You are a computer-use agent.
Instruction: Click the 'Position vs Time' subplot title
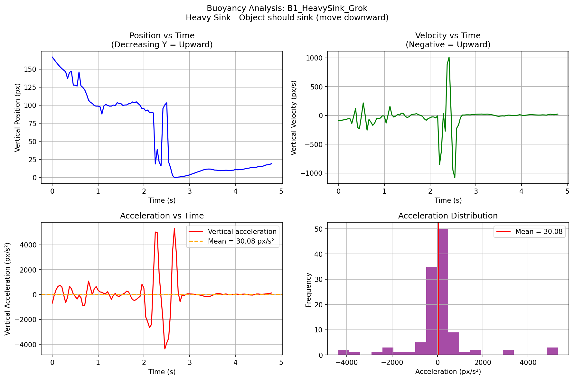[x=162, y=36]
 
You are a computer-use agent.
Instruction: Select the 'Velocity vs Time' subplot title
[x=448, y=36]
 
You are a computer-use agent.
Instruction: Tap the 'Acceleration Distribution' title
[x=448, y=216]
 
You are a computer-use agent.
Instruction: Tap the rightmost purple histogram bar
[x=552, y=351]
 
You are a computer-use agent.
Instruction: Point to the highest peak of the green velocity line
[x=449, y=58]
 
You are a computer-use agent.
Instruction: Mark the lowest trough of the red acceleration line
[x=165, y=349]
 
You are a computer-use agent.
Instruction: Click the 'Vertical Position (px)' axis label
[x=17, y=117]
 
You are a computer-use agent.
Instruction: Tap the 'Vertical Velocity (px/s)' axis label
[x=294, y=117]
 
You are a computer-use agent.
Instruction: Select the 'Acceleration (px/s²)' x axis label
[x=448, y=372]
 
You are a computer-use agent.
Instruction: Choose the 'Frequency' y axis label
[x=308, y=290]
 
